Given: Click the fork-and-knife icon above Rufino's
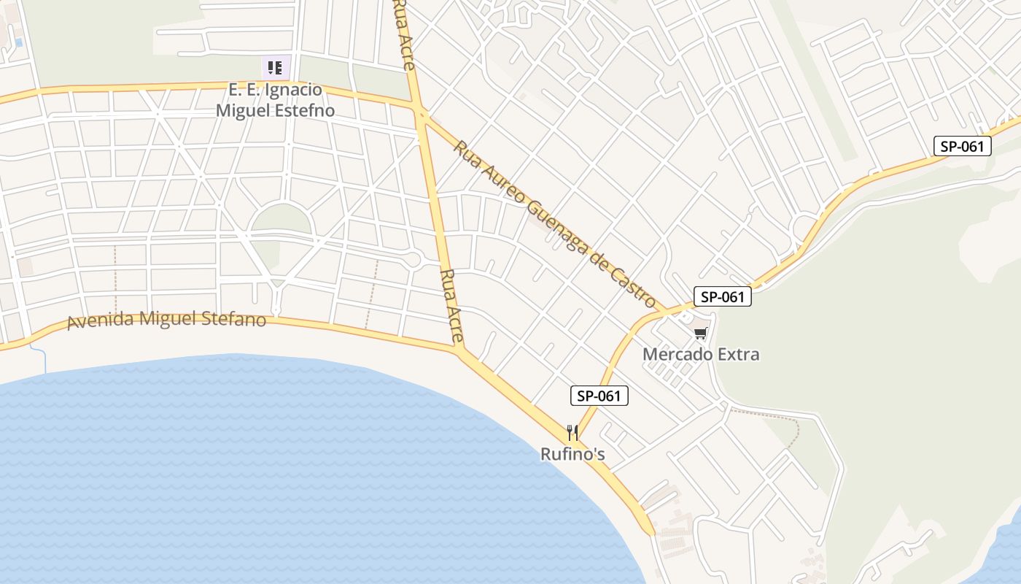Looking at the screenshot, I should click(572, 433).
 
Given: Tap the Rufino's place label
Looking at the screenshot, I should click(572, 454).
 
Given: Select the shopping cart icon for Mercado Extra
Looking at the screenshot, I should click(701, 334).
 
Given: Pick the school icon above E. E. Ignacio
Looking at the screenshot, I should click(275, 69).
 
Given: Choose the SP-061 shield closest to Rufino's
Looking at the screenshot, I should click(599, 396).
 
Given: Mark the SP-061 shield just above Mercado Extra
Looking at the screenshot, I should click(722, 296).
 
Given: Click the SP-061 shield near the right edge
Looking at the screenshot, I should click(963, 146).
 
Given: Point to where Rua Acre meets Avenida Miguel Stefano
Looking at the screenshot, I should click(459, 350).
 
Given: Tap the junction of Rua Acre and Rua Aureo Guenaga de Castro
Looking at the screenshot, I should click(421, 112).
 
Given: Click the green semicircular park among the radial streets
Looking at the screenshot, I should click(282, 220).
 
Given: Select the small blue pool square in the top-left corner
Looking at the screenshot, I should click(18, 43).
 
